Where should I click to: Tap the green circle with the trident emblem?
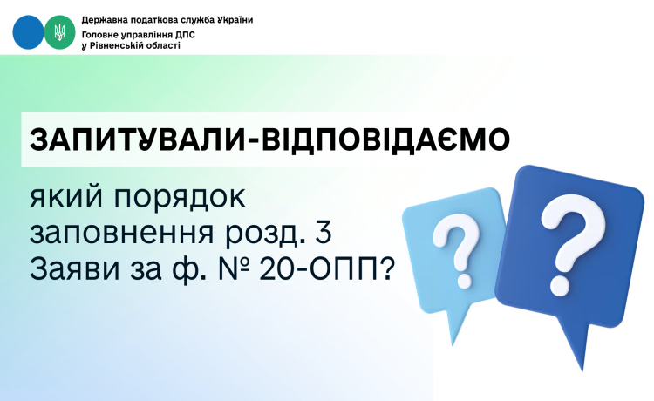tap(58, 31)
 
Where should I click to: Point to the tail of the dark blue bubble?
tap(570, 344)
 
